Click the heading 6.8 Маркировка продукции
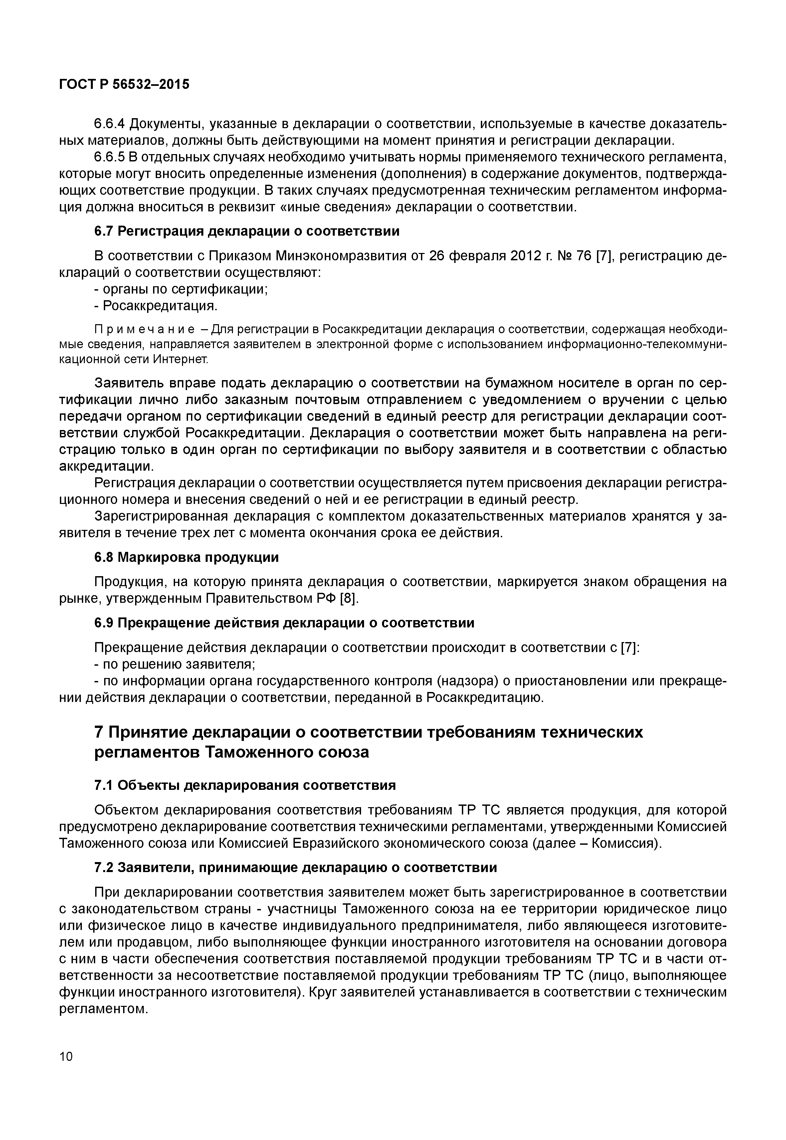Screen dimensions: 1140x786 click(186, 557)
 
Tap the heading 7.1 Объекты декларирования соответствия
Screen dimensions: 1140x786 click(245, 785)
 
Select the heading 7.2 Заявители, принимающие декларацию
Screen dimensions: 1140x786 click(295, 867)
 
